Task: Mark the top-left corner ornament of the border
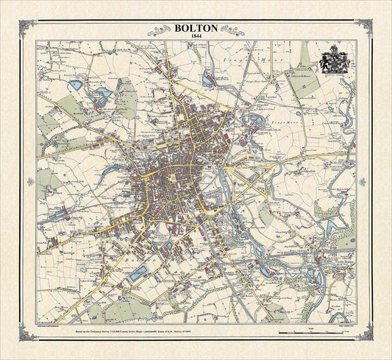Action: [27, 27]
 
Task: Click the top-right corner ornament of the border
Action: [365, 27]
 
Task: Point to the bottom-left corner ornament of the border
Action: [27, 333]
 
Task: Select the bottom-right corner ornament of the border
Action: [365, 333]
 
